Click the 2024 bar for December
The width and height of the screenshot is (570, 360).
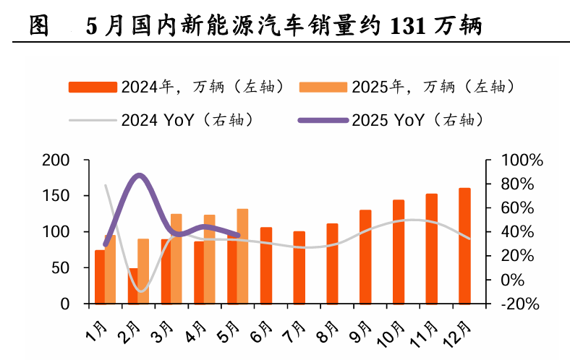point(464,246)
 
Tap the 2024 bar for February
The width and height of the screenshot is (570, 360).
point(133,286)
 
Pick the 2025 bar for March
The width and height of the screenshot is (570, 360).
point(176,259)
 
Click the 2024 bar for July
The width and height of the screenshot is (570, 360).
point(299,267)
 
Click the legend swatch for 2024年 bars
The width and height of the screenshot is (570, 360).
point(92,87)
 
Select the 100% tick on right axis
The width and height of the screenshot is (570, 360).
point(516,160)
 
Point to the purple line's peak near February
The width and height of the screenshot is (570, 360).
point(139,175)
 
